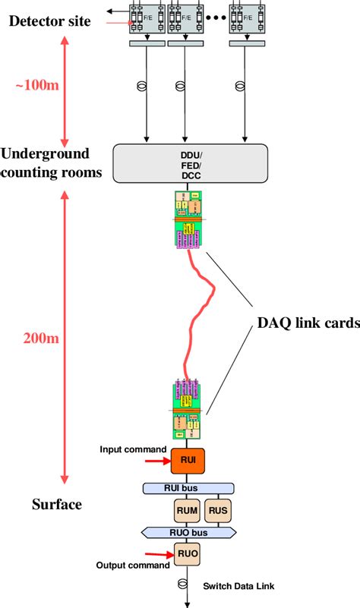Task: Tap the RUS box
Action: pos(218,511)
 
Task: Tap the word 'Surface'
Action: pos(57,504)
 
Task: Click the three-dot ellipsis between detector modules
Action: pos(214,17)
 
